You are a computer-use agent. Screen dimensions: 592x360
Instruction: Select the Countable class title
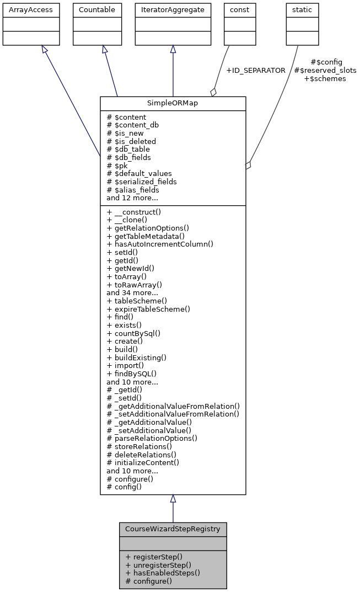(97, 10)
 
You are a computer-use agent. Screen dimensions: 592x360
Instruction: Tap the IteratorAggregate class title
(173, 10)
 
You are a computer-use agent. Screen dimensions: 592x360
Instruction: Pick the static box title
(303, 10)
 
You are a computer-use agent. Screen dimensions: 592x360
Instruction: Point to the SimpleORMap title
(173, 104)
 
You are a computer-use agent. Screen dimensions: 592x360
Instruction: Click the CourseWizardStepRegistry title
(173, 529)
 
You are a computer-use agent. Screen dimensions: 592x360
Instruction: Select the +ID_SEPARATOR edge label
(256, 71)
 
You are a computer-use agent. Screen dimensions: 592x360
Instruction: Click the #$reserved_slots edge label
(325, 71)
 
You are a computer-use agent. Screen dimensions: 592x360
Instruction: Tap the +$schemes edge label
(325, 79)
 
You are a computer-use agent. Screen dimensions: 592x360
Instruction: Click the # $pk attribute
(117, 166)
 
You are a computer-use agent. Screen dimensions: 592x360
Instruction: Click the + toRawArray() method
(134, 285)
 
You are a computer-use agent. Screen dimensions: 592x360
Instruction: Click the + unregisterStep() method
(158, 565)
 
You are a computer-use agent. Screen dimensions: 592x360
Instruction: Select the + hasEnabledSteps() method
(162, 573)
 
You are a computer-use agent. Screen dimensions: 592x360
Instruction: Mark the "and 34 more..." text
(132, 293)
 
